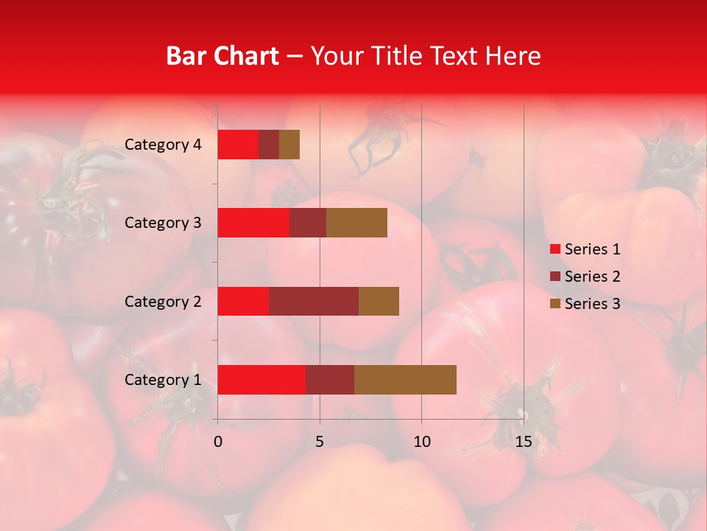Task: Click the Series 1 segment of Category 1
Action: pos(261,379)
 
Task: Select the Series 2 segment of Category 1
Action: pos(330,379)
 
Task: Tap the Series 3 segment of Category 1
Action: pos(405,379)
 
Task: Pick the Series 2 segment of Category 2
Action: pos(314,301)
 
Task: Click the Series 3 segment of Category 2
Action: pos(379,301)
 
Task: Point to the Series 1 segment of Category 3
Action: pos(253,223)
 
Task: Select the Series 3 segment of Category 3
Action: pos(356,223)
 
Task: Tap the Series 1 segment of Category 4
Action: pos(238,145)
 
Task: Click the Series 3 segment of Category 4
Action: pos(289,145)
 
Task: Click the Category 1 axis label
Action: pos(163,380)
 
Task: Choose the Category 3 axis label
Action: pos(163,223)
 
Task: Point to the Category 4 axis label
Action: pos(163,145)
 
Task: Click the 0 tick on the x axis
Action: pos(218,442)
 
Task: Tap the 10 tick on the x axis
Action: pos(421,442)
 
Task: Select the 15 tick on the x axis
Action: pos(524,442)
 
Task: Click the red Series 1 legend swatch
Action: pos(555,249)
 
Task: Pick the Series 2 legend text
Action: pos(592,277)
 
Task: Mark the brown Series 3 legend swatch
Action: pos(555,304)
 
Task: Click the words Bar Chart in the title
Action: pos(222,56)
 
